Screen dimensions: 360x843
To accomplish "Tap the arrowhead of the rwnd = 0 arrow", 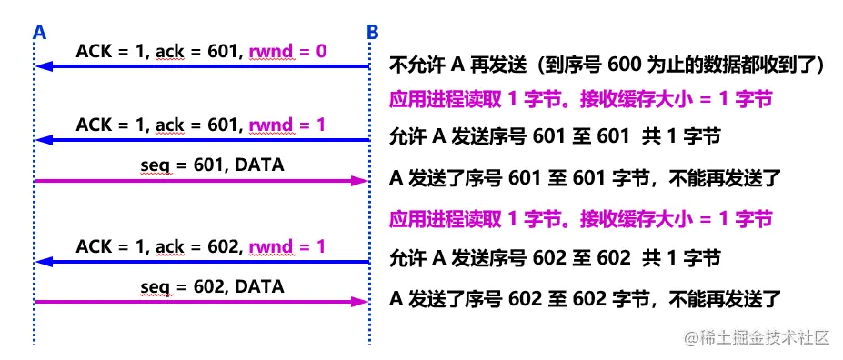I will [x=42, y=66].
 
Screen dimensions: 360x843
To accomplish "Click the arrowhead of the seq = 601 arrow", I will [x=360, y=181].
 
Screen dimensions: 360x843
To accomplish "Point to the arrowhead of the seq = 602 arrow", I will [x=360, y=301].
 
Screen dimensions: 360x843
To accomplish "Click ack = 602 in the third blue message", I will [x=186, y=246].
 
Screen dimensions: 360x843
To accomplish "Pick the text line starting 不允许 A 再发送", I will [x=606, y=65].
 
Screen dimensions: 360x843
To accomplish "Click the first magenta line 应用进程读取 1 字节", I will [x=580, y=99].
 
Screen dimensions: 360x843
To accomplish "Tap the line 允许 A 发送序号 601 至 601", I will [x=555, y=137].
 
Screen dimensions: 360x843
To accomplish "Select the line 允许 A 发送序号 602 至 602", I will [x=555, y=258].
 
